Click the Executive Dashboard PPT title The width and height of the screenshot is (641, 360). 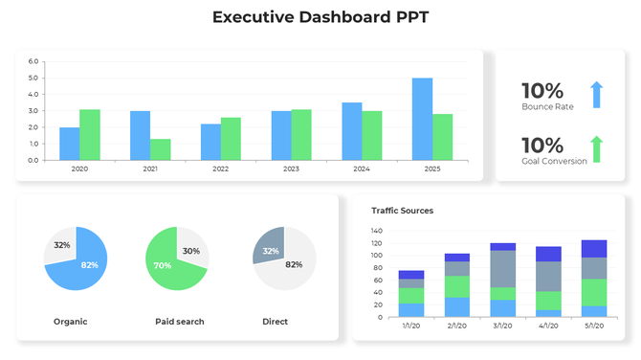(320, 17)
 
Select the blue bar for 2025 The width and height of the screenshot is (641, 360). (422, 119)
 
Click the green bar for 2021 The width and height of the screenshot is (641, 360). (161, 149)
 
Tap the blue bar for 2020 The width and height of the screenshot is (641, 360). (69, 144)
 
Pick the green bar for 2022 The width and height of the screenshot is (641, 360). (231, 139)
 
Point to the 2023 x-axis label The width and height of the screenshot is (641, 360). (290, 169)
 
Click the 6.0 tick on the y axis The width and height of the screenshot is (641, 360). (33, 62)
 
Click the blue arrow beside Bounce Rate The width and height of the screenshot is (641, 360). (596, 95)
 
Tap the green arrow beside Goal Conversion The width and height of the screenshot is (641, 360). (596, 149)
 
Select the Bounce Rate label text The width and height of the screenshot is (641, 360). (547, 107)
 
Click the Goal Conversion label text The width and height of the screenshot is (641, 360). (554, 161)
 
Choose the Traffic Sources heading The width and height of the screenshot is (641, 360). (402, 210)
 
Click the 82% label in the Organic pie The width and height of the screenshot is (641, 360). (89, 264)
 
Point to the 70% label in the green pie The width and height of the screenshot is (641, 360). (163, 265)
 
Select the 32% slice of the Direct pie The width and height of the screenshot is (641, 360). (270, 250)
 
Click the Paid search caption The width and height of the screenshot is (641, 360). (179, 322)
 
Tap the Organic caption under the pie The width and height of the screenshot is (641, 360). (70, 322)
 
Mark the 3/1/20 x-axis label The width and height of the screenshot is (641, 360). (502, 326)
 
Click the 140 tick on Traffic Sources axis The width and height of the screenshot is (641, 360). (375, 231)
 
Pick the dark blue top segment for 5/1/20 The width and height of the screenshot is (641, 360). (594, 248)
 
